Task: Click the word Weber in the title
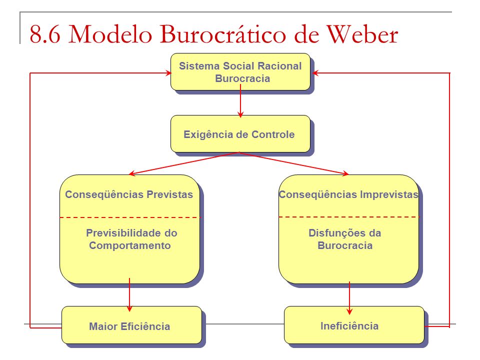point(362,33)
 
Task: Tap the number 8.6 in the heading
point(45,33)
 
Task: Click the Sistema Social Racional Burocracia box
point(240,72)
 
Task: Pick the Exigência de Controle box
point(240,134)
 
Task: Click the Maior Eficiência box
point(131,325)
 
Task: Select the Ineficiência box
point(354,325)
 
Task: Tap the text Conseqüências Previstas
point(129,194)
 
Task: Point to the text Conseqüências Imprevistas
point(348,194)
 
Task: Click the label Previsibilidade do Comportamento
point(131,239)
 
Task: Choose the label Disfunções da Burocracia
point(345,239)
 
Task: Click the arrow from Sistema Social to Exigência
point(240,101)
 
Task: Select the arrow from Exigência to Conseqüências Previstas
point(184,163)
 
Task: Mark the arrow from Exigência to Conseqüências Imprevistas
point(294,163)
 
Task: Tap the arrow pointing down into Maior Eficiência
point(129,295)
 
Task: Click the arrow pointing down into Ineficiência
point(349,298)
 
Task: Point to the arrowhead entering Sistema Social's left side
point(168,73)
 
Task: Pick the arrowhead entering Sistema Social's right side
point(315,73)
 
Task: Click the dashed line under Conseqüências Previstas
point(130,217)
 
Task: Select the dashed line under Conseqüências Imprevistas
point(349,217)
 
